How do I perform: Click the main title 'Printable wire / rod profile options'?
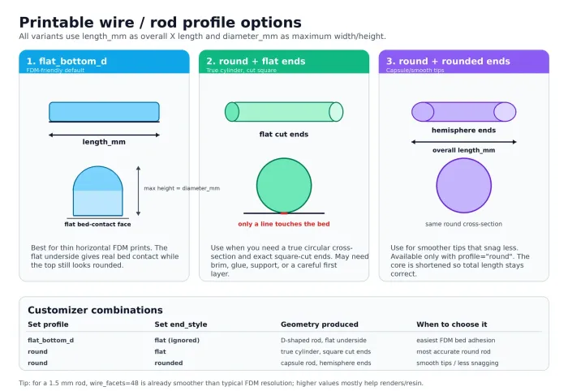coord(160,23)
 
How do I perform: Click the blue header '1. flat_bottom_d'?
coord(67,61)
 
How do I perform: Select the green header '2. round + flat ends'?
coord(256,61)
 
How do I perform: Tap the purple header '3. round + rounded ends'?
coord(448,61)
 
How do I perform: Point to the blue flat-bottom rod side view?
coord(105,112)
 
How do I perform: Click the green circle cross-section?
coord(284,186)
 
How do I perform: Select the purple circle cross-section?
coord(463,186)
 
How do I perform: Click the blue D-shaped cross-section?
coord(98,191)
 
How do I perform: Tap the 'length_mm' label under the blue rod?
coord(104,142)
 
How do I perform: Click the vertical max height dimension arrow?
coord(138,191)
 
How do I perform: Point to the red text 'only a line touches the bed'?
coord(284,224)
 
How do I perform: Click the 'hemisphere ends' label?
coord(463,131)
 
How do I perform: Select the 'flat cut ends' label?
coord(284,135)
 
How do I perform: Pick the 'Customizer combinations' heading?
coord(95,310)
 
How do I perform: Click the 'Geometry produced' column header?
coord(320,324)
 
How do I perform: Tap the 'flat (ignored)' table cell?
coord(177,341)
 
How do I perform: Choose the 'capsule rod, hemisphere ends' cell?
coord(326,363)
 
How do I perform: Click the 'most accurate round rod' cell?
coord(454,351)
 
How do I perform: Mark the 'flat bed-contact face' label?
coord(98,224)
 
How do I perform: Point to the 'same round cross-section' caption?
coord(463,224)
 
